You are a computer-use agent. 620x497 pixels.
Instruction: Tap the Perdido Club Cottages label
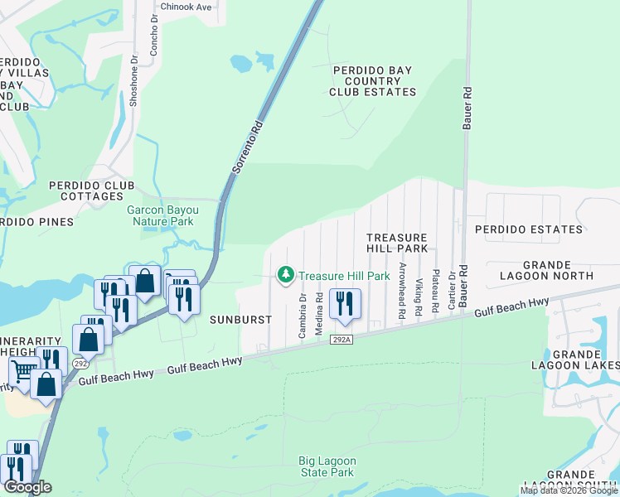click(86, 191)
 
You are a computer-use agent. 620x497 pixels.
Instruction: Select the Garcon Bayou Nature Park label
click(160, 216)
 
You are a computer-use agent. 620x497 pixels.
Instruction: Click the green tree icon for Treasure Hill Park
click(286, 274)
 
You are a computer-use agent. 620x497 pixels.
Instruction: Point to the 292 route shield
click(80, 363)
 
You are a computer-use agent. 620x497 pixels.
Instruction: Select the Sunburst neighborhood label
click(240, 319)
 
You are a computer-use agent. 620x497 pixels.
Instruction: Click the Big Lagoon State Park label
click(327, 466)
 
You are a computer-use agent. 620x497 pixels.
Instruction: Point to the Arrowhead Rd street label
click(402, 291)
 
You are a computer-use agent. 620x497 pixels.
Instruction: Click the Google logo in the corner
click(27, 487)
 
